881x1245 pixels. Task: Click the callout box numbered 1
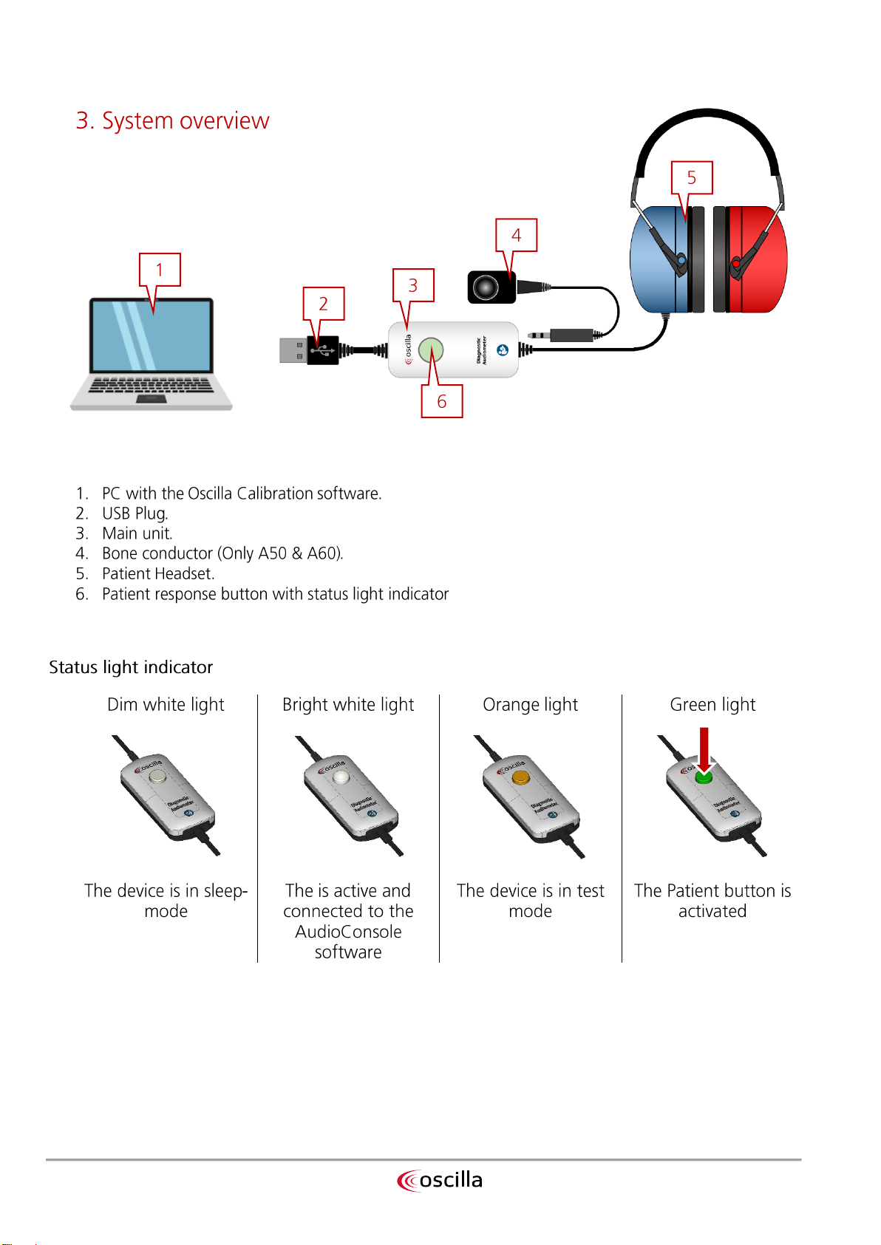click(x=160, y=270)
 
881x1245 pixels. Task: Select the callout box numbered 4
click(x=516, y=235)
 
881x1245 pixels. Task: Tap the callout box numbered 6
click(x=442, y=401)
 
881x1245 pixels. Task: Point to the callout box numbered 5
click(x=692, y=177)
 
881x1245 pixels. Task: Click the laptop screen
click(x=151, y=335)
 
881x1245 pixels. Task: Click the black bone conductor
click(x=490, y=287)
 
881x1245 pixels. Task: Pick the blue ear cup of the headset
click(x=657, y=259)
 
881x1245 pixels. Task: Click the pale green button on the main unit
click(x=431, y=349)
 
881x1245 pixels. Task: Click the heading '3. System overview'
click(x=172, y=120)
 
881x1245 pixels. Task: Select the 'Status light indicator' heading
click(x=131, y=667)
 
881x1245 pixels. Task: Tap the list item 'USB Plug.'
click(x=135, y=514)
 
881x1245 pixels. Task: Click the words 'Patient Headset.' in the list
click(x=158, y=574)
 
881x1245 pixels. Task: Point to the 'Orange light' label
click(x=530, y=705)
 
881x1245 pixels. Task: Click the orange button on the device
click(x=520, y=777)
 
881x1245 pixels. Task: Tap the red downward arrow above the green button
click(x=704, y=750)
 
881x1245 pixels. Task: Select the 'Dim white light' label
click(x=166, y=705)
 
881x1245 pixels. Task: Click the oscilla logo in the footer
click(x=440, y=1180)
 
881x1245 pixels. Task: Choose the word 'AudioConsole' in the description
click(x=348, y=932)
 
